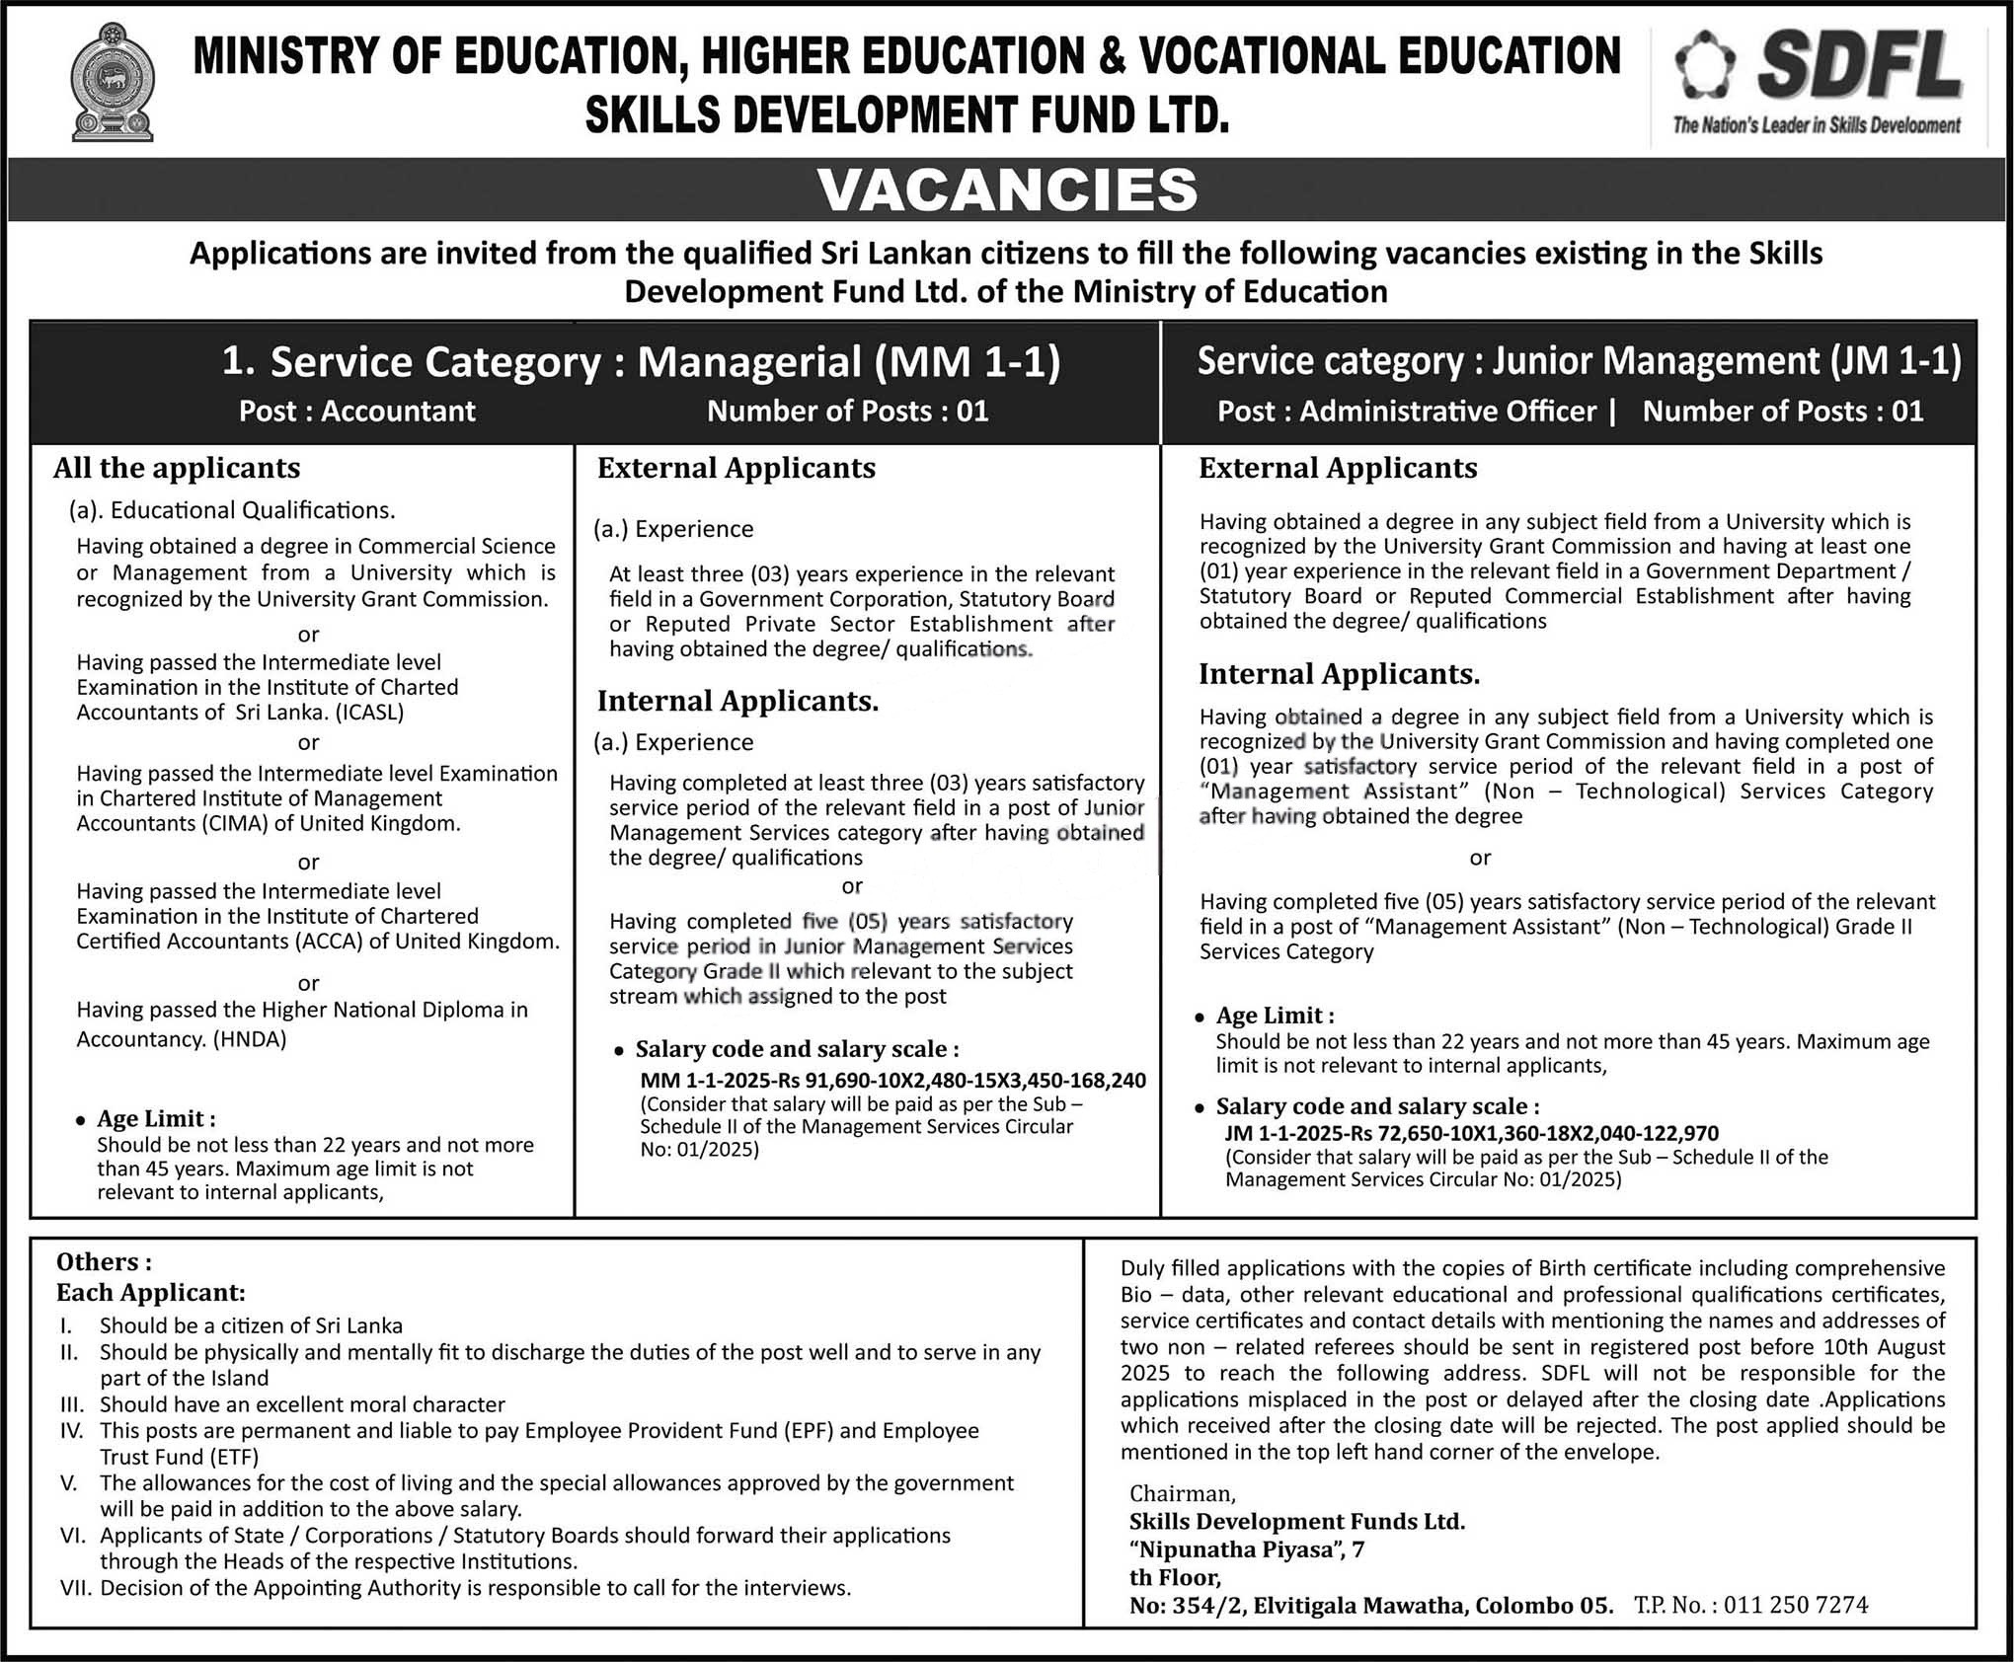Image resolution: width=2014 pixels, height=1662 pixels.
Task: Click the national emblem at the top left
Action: (x=112, y=84)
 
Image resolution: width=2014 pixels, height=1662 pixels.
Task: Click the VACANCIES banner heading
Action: (x=1007, y=189)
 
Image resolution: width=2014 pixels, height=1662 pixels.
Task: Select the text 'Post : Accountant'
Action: (x=357, y=411)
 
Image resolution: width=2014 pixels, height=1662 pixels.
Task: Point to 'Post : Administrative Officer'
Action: (x=1406, y=411)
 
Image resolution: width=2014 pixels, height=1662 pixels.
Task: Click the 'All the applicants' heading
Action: (x=177, y=468)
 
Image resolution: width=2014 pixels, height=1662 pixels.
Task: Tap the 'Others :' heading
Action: (x=104, y=1262)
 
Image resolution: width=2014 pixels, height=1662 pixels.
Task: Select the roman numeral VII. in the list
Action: (x=75, y=1587)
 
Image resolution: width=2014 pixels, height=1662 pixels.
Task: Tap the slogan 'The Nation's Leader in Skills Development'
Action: (x=1816, y=125)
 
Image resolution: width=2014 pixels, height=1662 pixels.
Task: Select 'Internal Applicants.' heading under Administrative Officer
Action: (x=1339, y=674)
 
